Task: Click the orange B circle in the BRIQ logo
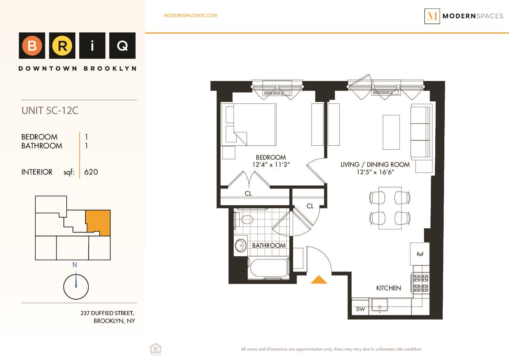pyautogui.click(x=32, y=46)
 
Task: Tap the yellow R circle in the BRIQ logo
pyautogui.click(x=62, y=46)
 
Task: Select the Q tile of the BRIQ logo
pyautogui.click(x=122, y=46)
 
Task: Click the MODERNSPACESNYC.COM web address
pyautogui.click(x=190, y=15)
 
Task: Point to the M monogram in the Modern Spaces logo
pyautogui.click(x=432, y=16)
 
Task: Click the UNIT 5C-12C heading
pyautogui.click(x=50, y=111)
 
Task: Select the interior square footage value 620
pyautogui.click(x=91, y=172)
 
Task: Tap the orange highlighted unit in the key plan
pyautogui.click(x=98, y=222)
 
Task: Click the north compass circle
pyautogui.click(x=76, y=287)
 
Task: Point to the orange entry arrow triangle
pyautogui.click(x=319, y=280)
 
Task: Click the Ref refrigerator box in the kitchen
pyautogui.click(x=420, y=254)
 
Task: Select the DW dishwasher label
pyautogui.click(x=360, y=309)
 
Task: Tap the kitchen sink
pyautogui.click(x=379, y=305)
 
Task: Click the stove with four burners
pyautogui.click(x=421, y=283)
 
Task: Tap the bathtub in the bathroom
pyautogui.click(x=269, y=269)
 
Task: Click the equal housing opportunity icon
pyautogui.click(x=155, y=349)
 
